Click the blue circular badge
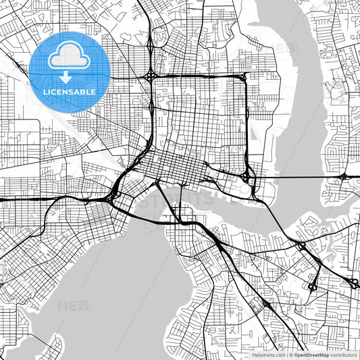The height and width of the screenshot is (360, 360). [70, 71]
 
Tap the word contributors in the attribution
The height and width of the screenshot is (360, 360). [344, 354]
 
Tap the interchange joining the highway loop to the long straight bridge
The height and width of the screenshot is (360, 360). [248, 178]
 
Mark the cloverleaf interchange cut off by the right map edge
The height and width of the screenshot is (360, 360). [353, 282]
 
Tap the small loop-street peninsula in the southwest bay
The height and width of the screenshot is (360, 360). [51, 340]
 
